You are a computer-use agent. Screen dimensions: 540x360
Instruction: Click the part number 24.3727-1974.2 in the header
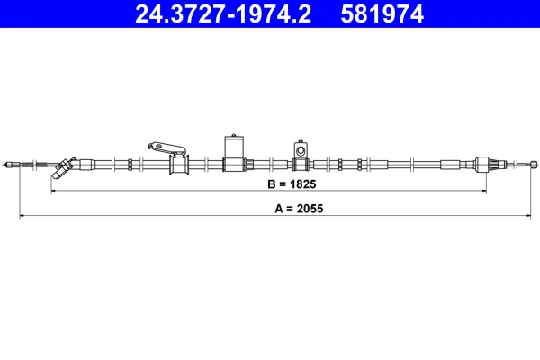coord(223,14)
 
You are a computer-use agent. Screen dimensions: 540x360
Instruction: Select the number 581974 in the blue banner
coord(382,14)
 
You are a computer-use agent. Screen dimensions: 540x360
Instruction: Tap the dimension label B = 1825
coord(292,184)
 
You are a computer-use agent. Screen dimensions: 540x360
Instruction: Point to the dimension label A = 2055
coord(299,209)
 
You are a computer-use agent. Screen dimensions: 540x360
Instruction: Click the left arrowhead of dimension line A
coord(22,216)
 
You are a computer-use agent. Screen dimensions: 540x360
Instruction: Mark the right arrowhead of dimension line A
coord(528,216)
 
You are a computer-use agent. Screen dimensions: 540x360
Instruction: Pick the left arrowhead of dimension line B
coord(53,191)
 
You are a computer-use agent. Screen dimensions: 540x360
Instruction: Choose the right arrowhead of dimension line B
coord(484,191)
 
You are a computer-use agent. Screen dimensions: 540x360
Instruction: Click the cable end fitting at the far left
coord(13,165)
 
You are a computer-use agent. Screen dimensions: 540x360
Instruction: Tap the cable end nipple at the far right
coord(534,165)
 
